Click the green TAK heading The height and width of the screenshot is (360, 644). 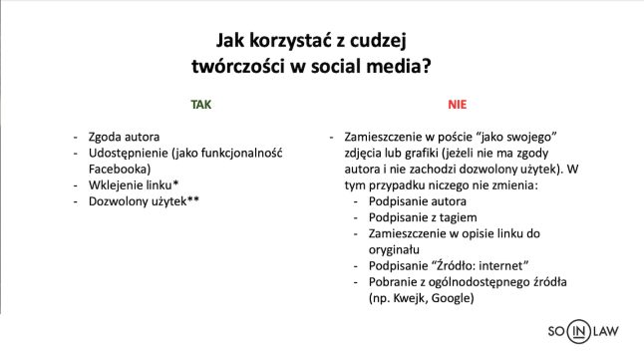(x=200, y=105)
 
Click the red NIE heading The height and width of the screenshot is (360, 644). (x=458, y=105)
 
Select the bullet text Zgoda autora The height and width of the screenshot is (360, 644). (x=124, y=137)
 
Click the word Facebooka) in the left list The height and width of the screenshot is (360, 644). (x=120, y=169)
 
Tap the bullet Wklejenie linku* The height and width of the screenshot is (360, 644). (x=134, y=184)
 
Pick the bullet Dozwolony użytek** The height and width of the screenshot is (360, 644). (x=144, y=201)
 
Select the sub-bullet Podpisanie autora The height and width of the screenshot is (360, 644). (x=418, y=201)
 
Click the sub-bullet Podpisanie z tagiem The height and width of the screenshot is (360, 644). (x=423, y=217)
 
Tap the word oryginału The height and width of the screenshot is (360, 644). (x=394, y=250)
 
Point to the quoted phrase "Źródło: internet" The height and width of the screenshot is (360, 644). (x=480, y=266)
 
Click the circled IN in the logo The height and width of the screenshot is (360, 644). (x=578, y=331)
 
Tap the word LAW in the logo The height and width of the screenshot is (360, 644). (x=605, y=331)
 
